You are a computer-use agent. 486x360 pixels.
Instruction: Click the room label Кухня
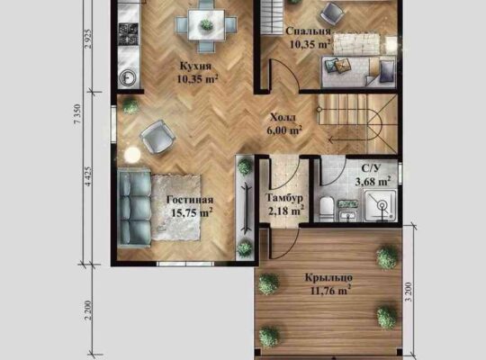195,67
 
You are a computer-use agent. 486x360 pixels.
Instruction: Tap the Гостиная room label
190,200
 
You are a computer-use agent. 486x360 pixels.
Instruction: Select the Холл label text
283,118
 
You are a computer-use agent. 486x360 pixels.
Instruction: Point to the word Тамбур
284,198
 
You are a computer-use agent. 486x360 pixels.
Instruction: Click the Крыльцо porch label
328,277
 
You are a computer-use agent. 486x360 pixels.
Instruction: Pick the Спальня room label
309,31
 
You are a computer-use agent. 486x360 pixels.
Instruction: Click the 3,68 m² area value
373,181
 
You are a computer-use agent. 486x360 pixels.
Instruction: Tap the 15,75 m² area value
192,212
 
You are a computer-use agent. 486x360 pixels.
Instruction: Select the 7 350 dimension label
77,113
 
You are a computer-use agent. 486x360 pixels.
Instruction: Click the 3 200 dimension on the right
409,292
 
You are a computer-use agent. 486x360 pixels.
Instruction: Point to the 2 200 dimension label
88,310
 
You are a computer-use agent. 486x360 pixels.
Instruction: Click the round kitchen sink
128,76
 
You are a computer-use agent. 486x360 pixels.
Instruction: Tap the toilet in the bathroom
326,206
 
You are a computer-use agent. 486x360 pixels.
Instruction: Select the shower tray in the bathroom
381,205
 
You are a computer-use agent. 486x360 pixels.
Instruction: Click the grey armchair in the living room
158,137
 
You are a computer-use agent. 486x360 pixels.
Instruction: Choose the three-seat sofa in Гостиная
134,208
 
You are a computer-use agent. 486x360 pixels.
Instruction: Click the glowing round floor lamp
132,154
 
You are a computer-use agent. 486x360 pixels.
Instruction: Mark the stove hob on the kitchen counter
128,33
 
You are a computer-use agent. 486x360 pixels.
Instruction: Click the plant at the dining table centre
206,24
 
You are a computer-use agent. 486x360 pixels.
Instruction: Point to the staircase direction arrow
347,140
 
